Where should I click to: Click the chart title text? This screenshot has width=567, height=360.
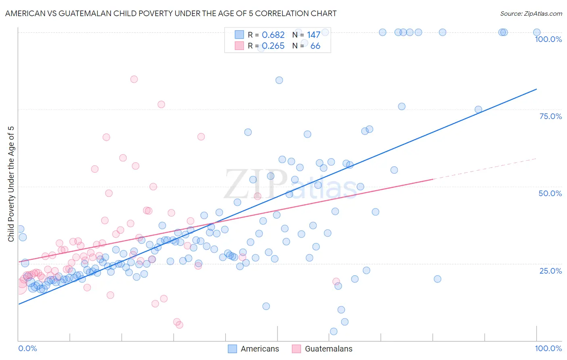[171, 13]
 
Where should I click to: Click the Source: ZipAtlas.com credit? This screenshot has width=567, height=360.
[531, 13]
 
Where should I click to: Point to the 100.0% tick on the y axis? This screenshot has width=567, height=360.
[548, 39]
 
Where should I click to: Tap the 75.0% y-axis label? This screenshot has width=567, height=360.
[550, 116]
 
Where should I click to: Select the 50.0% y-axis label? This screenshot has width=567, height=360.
[550, 193]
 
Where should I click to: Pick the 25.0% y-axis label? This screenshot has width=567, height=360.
[550, 270]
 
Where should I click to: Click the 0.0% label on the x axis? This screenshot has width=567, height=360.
[27, 348]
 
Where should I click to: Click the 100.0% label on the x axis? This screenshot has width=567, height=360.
[548, 348]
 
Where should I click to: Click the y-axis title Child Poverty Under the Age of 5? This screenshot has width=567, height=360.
[11, 184]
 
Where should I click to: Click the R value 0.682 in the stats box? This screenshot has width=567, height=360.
[273, 35]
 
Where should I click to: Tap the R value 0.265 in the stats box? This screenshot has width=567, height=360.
[273, 46]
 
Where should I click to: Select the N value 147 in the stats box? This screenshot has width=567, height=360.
[313, 35]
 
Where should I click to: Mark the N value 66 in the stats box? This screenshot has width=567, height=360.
[315, 46]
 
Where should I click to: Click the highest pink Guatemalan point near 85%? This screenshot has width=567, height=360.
[134, 79]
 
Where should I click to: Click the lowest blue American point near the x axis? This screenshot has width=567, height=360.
[334, 331]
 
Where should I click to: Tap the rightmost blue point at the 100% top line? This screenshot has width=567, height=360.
[537, 32]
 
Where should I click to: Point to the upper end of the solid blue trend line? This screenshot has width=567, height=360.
[536, 89]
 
